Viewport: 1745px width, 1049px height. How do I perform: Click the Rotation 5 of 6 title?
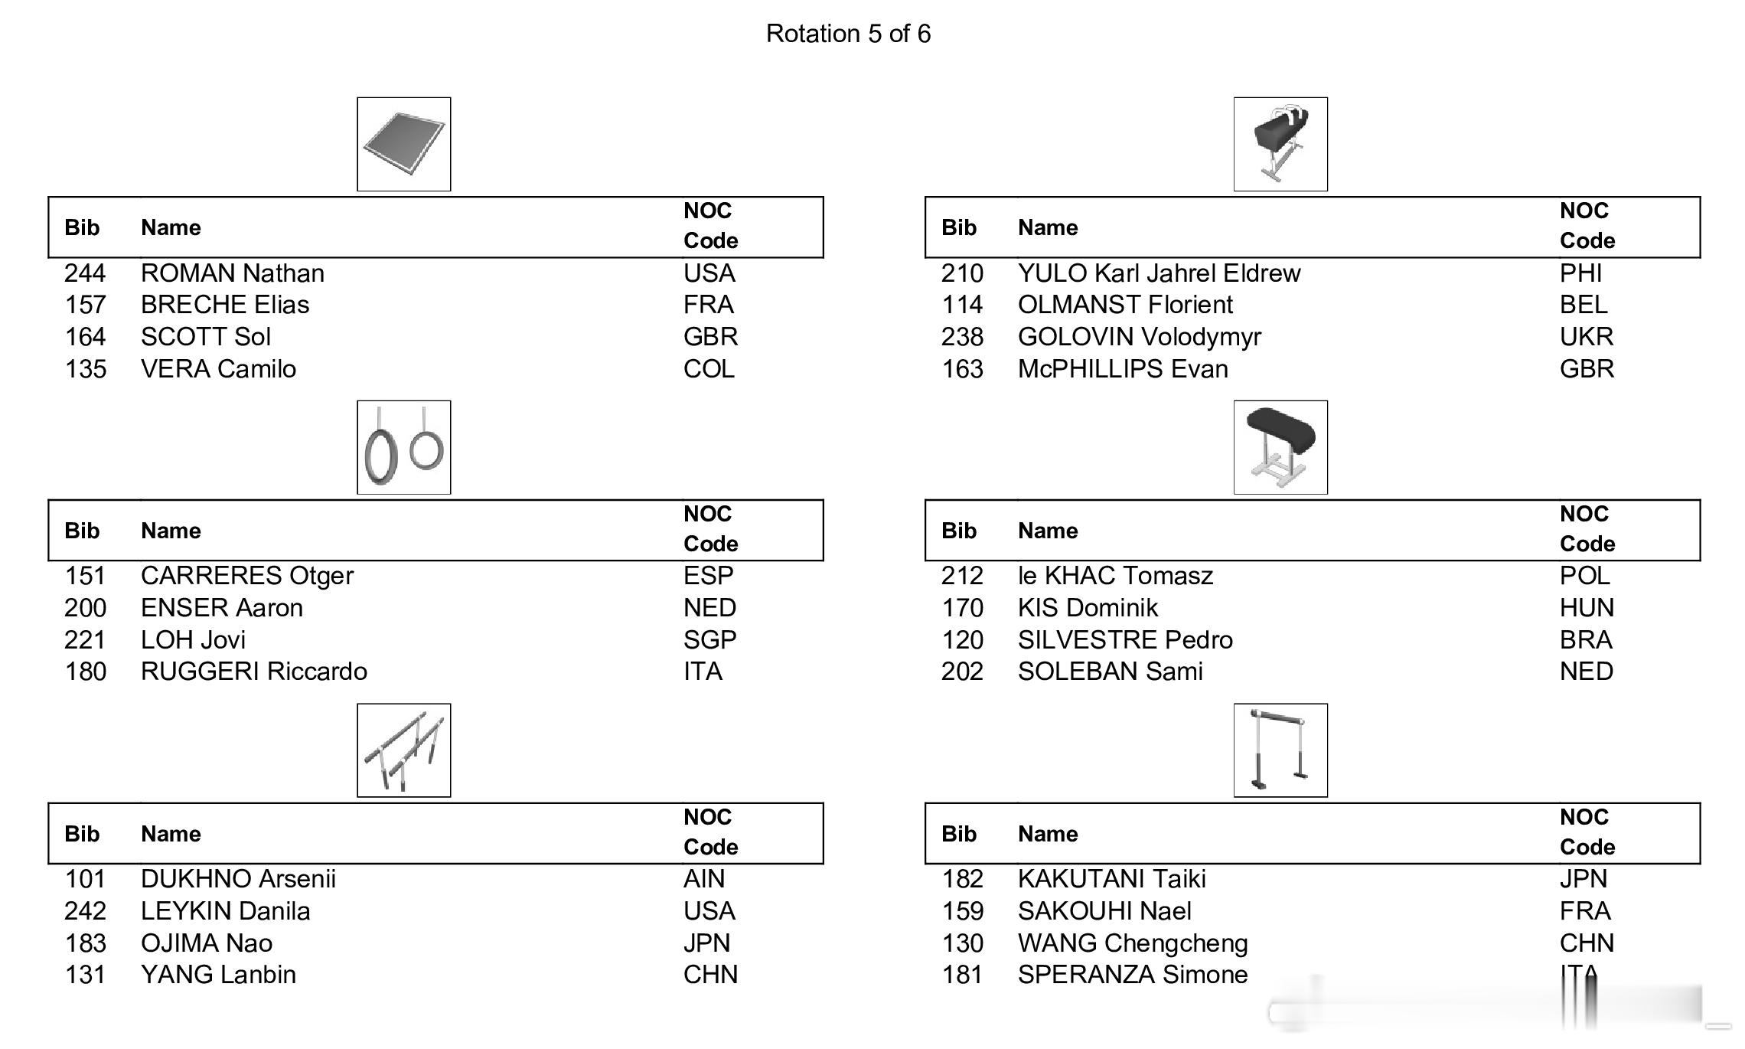point(848,34)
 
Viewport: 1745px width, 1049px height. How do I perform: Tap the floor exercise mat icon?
point(403,144)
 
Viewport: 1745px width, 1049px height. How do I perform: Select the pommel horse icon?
point(1280,144)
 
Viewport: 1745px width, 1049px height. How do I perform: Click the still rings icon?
point(403,447)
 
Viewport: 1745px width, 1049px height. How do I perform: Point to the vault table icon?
point(1280,447)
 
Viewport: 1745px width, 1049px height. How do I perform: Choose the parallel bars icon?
point(403,750)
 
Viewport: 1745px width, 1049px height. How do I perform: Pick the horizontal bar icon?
point(1280,750)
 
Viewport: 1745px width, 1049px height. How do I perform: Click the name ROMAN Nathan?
point(233,273)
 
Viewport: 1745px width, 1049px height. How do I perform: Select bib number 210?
point(962,273)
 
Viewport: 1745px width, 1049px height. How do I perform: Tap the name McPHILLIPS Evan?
point(1123,369)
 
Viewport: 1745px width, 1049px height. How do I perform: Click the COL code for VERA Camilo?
point(709,369)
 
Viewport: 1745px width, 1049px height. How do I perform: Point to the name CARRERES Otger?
point(246,576)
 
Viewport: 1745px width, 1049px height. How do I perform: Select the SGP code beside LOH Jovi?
point(709,640)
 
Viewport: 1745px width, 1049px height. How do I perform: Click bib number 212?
point(962,576)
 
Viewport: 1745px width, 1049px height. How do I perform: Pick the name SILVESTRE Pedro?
point(1125,640)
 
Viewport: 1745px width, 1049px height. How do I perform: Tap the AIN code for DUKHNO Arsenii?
point(704,879)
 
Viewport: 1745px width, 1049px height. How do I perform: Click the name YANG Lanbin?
point(218,975)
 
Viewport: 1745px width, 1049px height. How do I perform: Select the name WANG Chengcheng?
point(1133,943)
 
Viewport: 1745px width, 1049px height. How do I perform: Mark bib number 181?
point(962,975)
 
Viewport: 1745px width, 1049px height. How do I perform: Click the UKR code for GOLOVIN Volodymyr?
point(1587,337)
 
